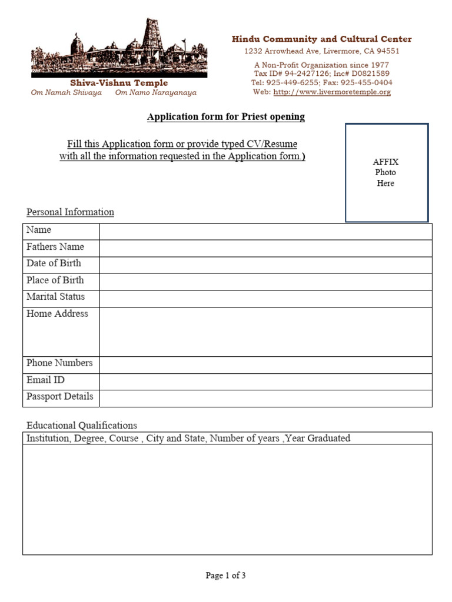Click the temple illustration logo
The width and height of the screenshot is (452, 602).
(x=119, y=48)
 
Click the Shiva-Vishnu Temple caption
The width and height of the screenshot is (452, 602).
(x=119, y=83)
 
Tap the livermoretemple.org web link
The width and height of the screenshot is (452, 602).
(x=332, y=92)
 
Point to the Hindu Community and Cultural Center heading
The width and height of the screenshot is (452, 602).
(x=321, y=39)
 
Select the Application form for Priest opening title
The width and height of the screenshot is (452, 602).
(x=226, y=116)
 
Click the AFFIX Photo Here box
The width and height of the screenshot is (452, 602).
(x=386, y=172)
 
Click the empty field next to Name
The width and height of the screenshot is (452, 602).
(x=265, y=231)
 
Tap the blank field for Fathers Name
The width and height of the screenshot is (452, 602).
(x=265, y=248)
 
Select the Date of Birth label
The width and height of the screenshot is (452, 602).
(x=54, y=263)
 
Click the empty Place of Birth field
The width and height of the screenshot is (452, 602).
(x=265, y=281)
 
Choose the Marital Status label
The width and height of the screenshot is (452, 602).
(x=55, y=297)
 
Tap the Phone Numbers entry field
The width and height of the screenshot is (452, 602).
(x=265, y=364)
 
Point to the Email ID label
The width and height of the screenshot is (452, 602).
(x=45, y=380)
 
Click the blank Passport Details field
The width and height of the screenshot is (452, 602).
(x=265, y=398)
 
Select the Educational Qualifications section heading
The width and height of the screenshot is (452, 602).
(x=82, y=425)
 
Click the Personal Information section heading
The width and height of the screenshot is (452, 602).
(x=70, y=212)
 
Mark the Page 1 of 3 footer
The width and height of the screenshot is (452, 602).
(x=225, y=576)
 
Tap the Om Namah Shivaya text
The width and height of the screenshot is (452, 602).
(x=66, y=92)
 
